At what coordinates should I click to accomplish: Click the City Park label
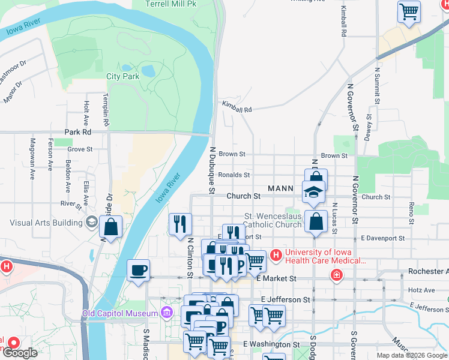click(x=122, y=76)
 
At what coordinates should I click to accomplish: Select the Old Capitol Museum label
click(x=120, y=313)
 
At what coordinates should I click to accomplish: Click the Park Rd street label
click(x=78, y=131)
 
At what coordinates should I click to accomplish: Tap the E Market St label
click(x=276, y=278)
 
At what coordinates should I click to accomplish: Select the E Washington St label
click(x=271, y=345)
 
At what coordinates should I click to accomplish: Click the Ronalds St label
click(x=234, y=175)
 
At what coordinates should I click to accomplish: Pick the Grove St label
click(x=80, y=149)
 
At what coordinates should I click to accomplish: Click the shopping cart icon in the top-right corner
click(x=409, y=11)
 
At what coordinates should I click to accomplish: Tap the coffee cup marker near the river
click(x=138, y=269)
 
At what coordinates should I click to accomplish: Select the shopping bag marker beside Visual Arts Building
click(x=111, y=226)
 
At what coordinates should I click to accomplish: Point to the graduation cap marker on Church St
click(x=312, y=193)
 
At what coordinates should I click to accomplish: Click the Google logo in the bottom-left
click(x=20, y=353)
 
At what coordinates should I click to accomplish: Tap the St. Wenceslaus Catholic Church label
click(x=273, y=220)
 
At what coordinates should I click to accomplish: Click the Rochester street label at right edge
click(x=428, y=271)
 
